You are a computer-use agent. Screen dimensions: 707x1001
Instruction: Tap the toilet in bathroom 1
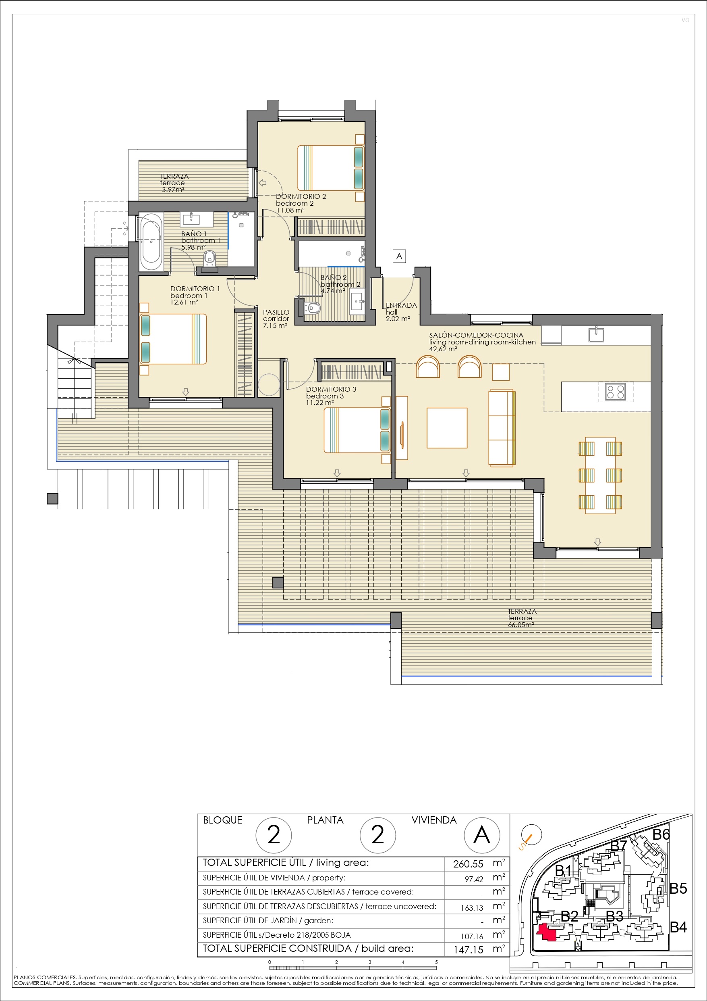209,259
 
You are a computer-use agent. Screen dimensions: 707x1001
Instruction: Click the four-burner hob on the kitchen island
616,391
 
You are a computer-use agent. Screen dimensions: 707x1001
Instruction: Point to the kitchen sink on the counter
596,334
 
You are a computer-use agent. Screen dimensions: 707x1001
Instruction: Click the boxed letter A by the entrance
399,256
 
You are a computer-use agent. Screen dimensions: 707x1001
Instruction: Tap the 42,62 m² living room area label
444,349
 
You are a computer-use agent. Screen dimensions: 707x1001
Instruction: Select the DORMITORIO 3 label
331,389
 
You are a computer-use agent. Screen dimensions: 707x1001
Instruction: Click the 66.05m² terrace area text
521,625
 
